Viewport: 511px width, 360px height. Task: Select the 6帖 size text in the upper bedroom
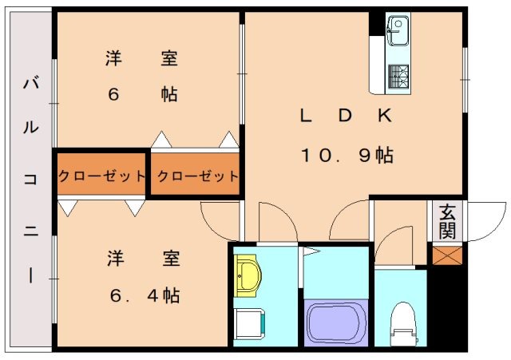(x=142, y=94)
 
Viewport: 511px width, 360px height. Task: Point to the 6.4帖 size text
(x=145, y=295)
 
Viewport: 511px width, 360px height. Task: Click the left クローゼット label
(x=101, y=176)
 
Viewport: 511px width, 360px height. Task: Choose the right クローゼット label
(x=197, y=176)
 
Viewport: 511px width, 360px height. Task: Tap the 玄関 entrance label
(x=446, y=222)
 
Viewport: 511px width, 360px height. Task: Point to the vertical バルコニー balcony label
(x=30, y=179)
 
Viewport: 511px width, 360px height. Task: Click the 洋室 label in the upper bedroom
(x=141, y=58)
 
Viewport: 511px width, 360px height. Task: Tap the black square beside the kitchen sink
(x=376, y=23)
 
